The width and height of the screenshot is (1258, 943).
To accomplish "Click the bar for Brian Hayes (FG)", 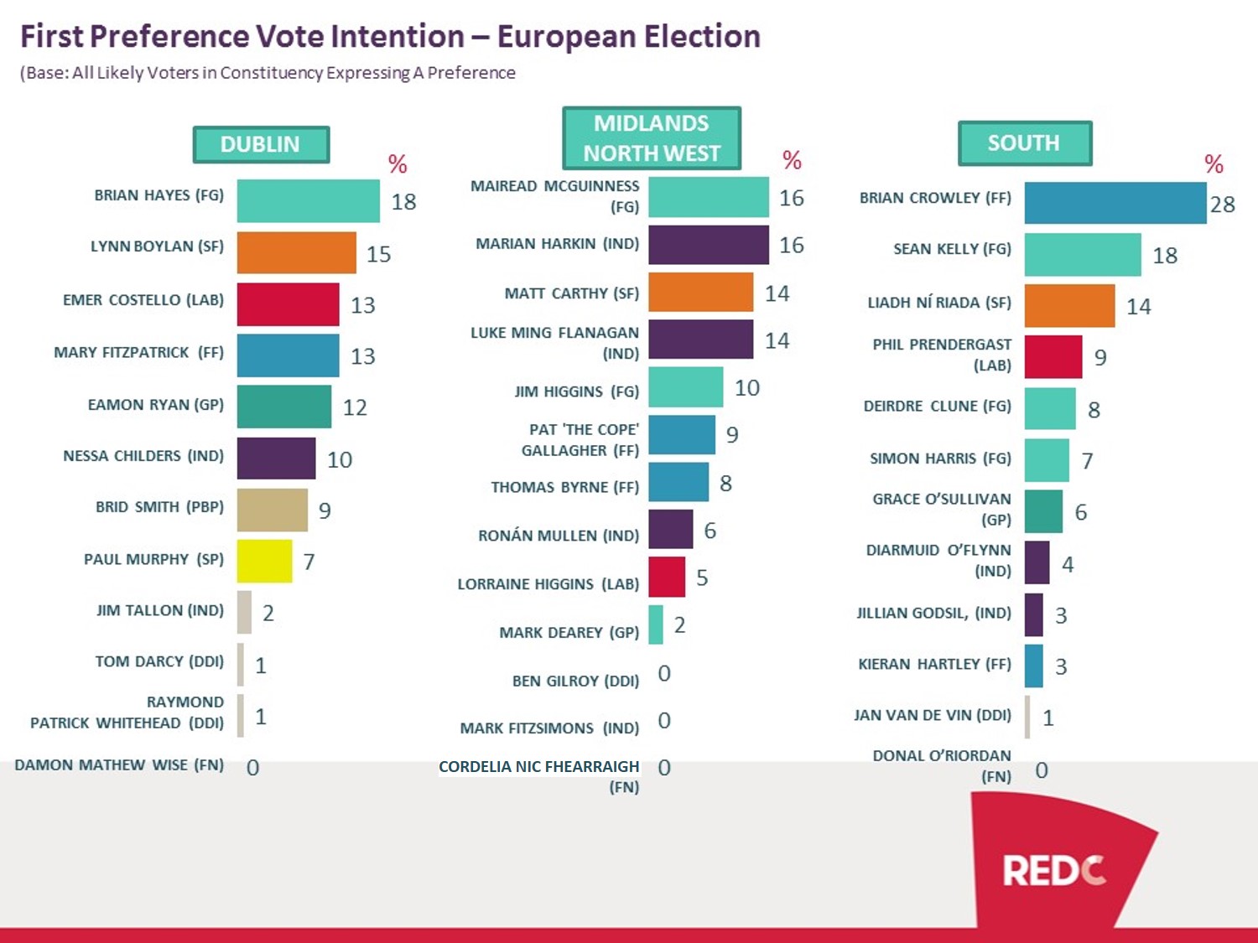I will coord(308,201).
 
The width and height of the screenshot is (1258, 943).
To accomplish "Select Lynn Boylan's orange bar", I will coord(296,253).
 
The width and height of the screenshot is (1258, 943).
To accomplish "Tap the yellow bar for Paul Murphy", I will coord(264,561).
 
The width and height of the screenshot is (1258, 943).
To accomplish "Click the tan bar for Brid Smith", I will coord(272,510).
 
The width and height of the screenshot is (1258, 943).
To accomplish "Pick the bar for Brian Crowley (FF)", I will coord(1115,204).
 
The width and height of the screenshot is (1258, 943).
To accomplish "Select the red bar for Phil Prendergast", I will coord(1053,357).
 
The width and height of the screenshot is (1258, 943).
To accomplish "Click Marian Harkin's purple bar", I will coord(708,245).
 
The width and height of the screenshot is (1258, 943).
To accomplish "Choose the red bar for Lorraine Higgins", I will coord(666,578).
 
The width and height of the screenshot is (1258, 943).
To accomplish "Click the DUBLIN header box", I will coord(261,145).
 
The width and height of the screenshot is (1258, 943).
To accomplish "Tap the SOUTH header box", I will coord(1024,143).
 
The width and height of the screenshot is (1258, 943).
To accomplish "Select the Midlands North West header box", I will coord(652,138).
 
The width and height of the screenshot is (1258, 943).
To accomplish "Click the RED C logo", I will coord(1053,871).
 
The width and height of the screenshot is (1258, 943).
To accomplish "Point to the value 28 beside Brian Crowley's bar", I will coord(1222,205).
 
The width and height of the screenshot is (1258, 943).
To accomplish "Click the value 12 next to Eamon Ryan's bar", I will coord(355,408).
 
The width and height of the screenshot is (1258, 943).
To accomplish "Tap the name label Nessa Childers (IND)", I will coord(143,456).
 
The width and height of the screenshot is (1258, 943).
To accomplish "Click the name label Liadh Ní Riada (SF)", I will coord(938,303).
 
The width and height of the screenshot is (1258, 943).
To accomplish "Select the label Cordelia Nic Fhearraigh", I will coord(539,767).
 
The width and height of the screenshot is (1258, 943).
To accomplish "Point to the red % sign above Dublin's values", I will coord(398,164).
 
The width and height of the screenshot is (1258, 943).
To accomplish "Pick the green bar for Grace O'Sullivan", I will coord(1043,511).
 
